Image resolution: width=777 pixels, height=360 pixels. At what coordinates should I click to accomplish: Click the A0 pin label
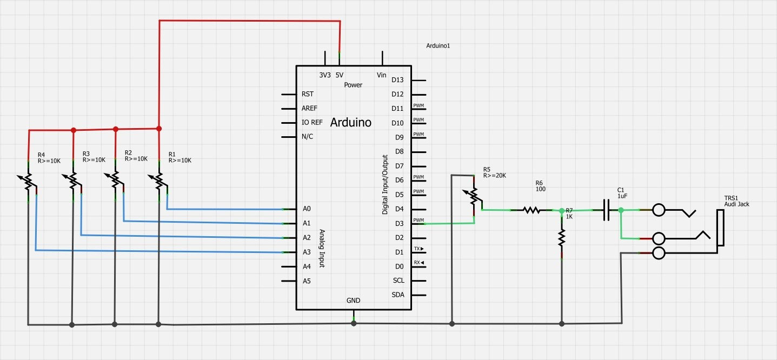pos(307,209)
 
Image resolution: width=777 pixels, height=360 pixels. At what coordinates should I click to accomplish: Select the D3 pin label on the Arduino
pos(399,223)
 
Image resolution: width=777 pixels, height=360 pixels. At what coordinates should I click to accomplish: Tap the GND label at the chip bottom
pos(353,301)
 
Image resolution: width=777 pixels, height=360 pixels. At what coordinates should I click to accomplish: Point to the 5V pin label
pos(340,75)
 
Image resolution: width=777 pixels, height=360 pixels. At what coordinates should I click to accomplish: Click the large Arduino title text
pos(351,123)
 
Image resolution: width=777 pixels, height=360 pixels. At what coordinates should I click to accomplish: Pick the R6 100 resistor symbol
pos(532,210)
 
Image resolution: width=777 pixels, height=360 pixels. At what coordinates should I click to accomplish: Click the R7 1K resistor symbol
pos(562,236)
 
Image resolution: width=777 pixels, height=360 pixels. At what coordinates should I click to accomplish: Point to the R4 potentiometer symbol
pos(29,181)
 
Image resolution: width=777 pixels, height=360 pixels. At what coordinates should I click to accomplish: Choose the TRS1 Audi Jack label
pos(736,201)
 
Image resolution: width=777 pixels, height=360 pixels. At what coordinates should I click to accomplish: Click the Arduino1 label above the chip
pos(439,46)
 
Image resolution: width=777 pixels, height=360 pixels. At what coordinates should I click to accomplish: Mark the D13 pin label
pos(397,80)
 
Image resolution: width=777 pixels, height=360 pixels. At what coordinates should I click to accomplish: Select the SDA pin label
pos(398,295)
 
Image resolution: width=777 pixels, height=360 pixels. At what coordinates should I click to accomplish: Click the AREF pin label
pos(309,108)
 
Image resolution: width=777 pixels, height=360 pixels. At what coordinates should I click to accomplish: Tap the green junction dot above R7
pos(562,210)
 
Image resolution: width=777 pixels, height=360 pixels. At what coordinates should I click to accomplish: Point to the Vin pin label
pos(382,75)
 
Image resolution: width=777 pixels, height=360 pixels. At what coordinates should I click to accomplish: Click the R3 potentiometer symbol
pos(73,181)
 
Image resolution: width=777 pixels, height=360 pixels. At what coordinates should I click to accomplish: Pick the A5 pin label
pos(307,281)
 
